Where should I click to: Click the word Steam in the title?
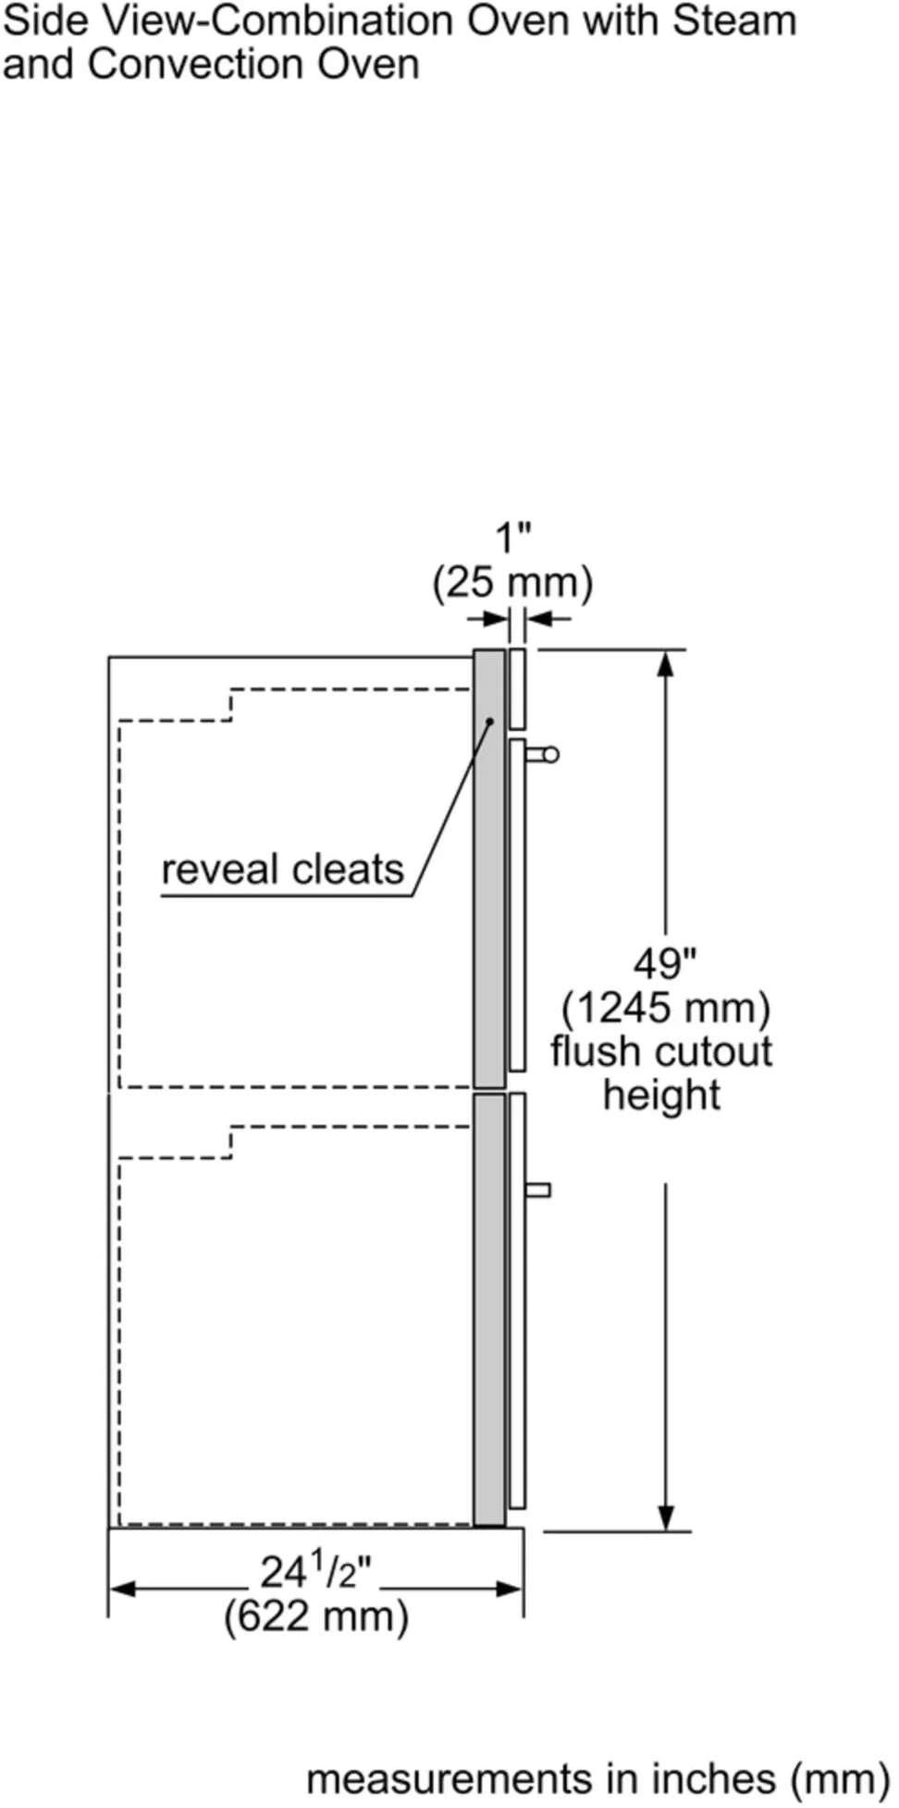734,20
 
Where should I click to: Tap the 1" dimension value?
513,539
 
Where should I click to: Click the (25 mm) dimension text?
513,583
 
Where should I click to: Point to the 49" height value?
664,963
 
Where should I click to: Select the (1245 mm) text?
666,1007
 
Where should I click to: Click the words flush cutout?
661,1051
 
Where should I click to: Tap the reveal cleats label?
282,870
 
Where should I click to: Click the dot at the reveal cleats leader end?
490,722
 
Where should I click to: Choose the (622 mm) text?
315,1616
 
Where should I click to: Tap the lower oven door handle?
537,1190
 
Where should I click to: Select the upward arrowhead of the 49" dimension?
665,664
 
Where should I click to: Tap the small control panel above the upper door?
518,688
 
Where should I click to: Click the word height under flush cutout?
661,1096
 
